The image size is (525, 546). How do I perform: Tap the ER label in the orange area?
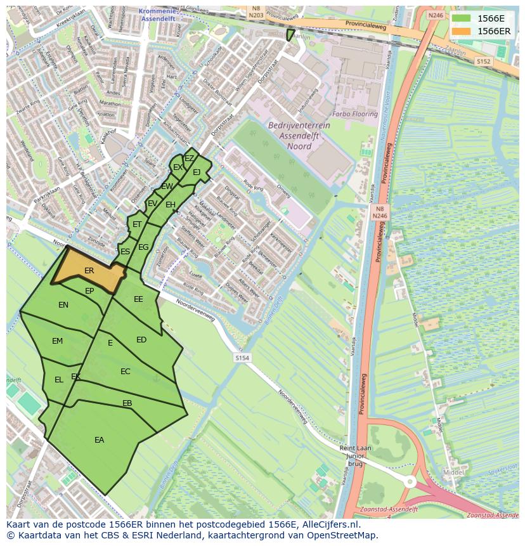point(89,271)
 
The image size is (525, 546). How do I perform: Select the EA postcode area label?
point(100,439)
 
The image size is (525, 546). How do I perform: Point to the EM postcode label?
point(58,341)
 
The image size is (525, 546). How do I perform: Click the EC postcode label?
point(126,371)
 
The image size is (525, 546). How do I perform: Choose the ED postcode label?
point(141,340)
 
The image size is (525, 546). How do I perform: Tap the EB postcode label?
point(127,403)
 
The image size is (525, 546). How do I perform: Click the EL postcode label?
point(59,380)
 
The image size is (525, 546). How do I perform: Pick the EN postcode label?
point(63,305)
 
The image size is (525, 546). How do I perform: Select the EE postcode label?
point(138,299)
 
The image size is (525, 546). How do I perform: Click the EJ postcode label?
point(197,172)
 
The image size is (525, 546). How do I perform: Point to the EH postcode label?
point(170,205)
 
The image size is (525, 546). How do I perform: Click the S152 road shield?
point(484,62)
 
